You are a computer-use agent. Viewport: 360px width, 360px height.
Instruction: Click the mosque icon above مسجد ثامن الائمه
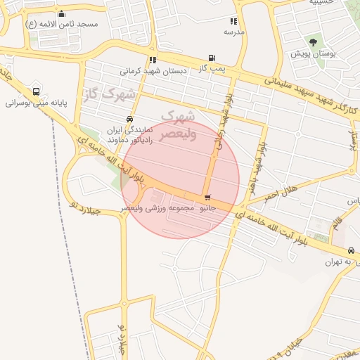[x=61, y=13]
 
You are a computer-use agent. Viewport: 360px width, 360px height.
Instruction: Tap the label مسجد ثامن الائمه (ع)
[x=62, y=24]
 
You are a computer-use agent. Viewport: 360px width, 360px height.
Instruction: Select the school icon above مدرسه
[x=233, y=22]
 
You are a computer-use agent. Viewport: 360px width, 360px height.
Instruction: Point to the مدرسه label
[x=234, y=32]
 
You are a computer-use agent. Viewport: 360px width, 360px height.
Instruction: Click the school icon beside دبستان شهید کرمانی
[x=153, y=60]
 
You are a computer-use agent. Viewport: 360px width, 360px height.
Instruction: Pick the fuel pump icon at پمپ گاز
[x=212, y=58]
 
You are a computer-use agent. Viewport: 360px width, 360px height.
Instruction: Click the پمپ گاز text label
[x=212, y=68]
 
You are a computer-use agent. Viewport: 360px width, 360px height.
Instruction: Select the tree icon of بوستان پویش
[x=314, y=43]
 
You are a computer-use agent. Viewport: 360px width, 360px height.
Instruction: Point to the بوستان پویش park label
[x=314, y=53]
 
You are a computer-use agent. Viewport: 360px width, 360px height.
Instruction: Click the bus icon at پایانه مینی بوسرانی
[x=36, y=91]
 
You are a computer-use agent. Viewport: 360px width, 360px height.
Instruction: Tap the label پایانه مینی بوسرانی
[x=36, y=103]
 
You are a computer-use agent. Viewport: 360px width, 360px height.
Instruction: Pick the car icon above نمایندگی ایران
[x=129, y=119]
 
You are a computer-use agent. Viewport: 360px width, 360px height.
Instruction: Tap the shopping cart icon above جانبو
[x=207, y=198]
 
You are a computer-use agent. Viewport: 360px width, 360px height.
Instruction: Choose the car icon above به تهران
[x=351, y=251]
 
